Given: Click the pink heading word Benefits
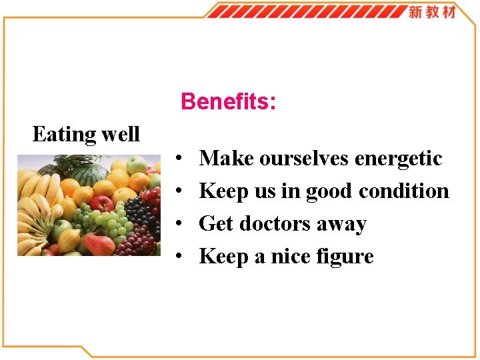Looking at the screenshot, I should click(227, 102).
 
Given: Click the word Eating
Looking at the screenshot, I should click(64, 135).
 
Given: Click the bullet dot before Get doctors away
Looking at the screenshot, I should click(181, 225).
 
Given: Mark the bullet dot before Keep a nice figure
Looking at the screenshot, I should click(181, 257).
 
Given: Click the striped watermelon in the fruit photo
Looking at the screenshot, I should click(89, 174).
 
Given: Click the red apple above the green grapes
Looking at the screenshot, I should click(101, 203).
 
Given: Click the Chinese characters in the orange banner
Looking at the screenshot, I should click(431, 11).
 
